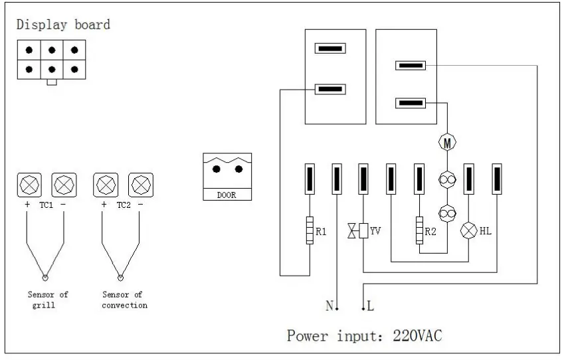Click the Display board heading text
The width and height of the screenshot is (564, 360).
pyautogui.click(x=63, y=25)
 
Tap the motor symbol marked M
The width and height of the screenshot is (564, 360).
pyautogui.click(x=447, y=142)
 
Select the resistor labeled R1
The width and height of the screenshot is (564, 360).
pyautogui.click(x=310, y=231)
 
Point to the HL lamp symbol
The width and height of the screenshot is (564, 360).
pyautogui.click(x=469, y=231)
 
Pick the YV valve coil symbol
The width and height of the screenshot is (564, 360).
pyautogui.click(x=363, y=231)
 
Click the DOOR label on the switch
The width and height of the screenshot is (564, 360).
pyautogui.click(x=227, y=195)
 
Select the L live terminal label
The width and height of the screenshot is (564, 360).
pyautogui.click(x=369, y=306)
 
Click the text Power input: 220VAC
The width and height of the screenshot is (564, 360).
pyautogui.click(x=364, y=335)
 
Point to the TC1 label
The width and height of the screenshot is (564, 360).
pyautogui.click(x=46, y=205)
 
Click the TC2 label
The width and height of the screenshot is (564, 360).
pyautogui.click(x=123, y=205)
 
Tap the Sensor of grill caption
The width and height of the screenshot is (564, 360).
pyautogui.click(x=48, y=300)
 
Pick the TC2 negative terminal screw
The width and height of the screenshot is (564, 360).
pyautogui.click(x=141, y=183)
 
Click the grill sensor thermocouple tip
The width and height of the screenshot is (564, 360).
pyautogui.click(x=45, y=278)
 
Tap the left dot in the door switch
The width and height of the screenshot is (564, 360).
pyautogui.click(x=217, y=169)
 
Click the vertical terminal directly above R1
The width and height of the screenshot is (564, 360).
pyautogui.click(x=310, y=179)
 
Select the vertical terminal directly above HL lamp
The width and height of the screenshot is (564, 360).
pyautogui.click(x=469, y=179)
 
